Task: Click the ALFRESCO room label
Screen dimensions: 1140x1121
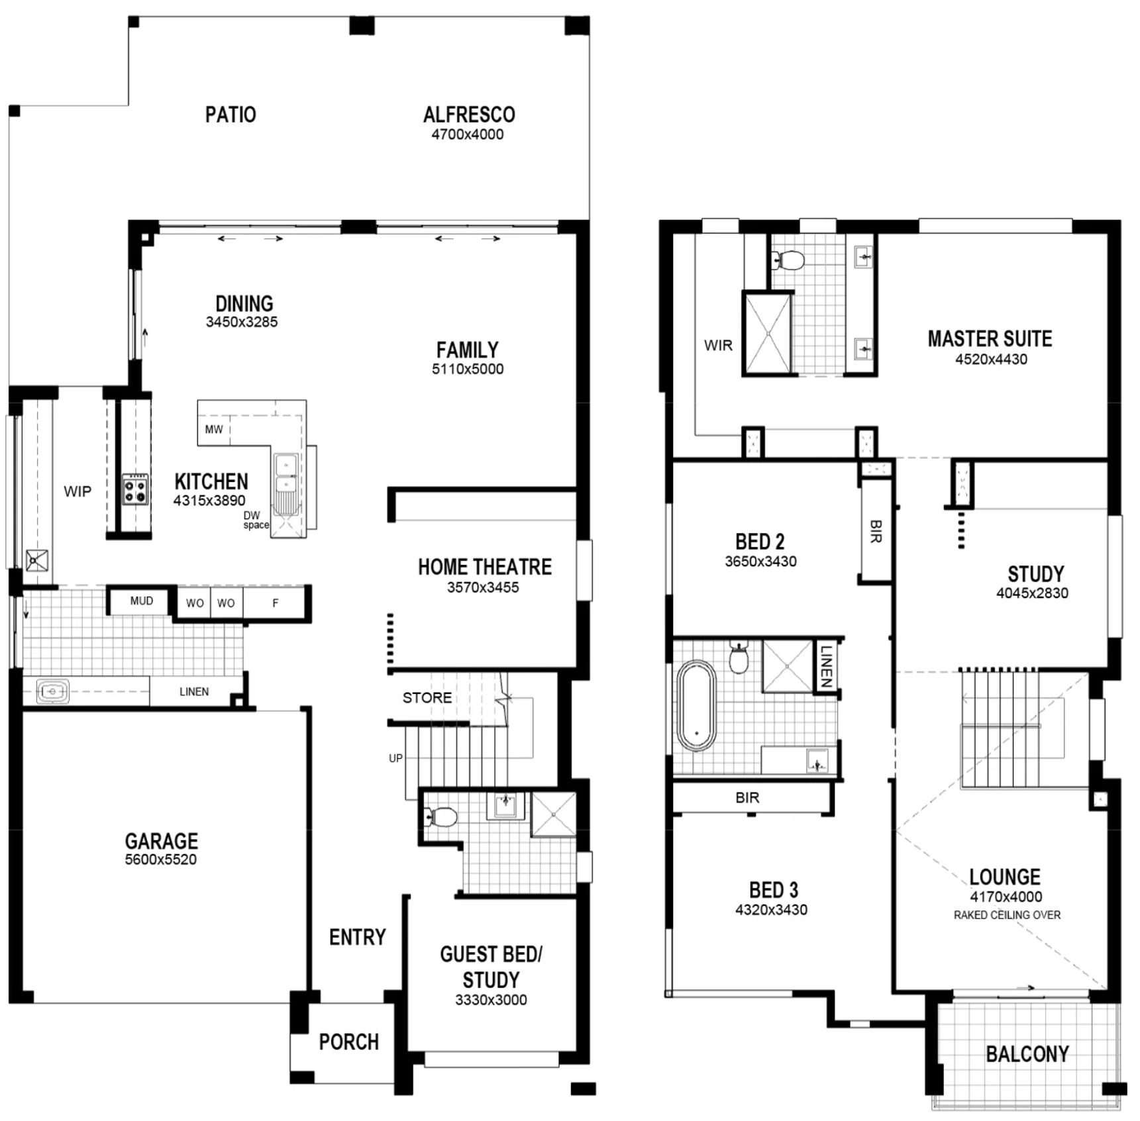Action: (469, 115)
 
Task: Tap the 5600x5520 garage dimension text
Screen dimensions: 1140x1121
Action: (161, 859)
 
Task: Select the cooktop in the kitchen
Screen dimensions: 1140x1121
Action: (134, 490)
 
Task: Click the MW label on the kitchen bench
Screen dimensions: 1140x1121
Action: (214, 429)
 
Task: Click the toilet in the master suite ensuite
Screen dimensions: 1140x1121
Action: (787, 260)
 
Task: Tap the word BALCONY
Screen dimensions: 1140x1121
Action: (1027, 1053)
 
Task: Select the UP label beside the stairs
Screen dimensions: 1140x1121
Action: (395, 758)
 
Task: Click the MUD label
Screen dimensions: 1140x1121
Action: (142, 601)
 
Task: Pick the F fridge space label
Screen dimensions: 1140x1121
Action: (276, 603)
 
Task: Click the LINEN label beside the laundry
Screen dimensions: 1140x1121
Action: (194, 691)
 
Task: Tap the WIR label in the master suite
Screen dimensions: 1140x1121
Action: (718, 345)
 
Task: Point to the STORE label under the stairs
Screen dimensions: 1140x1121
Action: (427, 697)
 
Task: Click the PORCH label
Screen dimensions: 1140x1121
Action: (349, 1042)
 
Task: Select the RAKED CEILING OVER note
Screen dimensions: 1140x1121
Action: (1007, 915)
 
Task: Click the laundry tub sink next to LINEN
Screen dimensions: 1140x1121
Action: (53, 692)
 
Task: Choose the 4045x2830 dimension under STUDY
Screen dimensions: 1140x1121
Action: (1032, 593)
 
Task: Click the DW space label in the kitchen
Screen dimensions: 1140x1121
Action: (255, 520)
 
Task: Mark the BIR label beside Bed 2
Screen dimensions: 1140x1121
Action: (876, 532)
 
